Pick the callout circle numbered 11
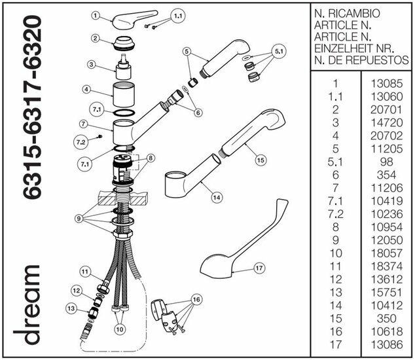(x=84, y=272)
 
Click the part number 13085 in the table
(x=386, y=84)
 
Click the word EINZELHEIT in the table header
(x=346, y=48)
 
